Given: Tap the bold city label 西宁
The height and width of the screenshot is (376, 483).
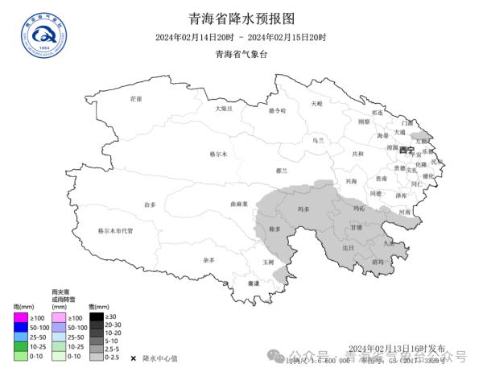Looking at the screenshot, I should [406, 150].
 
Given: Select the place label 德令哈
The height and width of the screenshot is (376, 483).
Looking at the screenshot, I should [277, 110].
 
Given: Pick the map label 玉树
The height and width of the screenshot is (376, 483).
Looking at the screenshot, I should [269, 262].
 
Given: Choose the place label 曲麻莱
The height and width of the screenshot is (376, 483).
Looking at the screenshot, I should [237, 205].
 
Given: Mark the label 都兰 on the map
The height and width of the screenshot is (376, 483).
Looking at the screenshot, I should [282, 171].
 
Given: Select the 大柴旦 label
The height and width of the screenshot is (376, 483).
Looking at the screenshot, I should [224, 108].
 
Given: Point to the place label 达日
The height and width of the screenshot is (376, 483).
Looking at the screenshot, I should [348, 248].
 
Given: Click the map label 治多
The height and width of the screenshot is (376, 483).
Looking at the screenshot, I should [150, 205].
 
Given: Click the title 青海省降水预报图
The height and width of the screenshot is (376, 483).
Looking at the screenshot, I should [241, 18].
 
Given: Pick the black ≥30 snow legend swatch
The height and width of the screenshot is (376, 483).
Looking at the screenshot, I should [96, 316].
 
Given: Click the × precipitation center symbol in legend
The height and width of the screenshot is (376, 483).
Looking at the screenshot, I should [133, 356].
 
